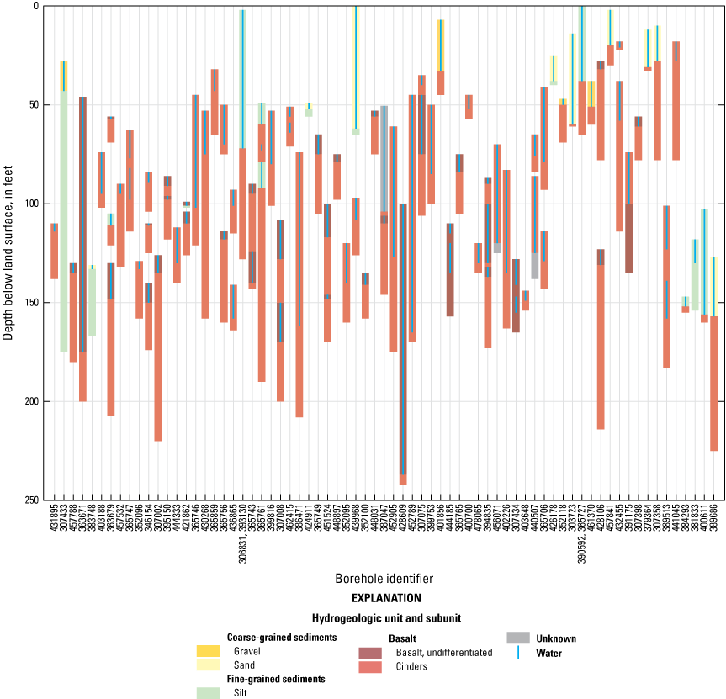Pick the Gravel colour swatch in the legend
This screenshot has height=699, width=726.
click(208, 651)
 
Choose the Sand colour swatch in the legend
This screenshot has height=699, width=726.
click(208, 665)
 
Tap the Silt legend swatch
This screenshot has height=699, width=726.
click(208, 692)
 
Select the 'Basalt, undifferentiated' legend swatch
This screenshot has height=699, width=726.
click(371, 653)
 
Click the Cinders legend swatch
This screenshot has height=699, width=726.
click(371, 666)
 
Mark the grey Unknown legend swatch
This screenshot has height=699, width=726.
click(518, 638)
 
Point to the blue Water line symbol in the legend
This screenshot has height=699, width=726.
click(518, 652)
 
